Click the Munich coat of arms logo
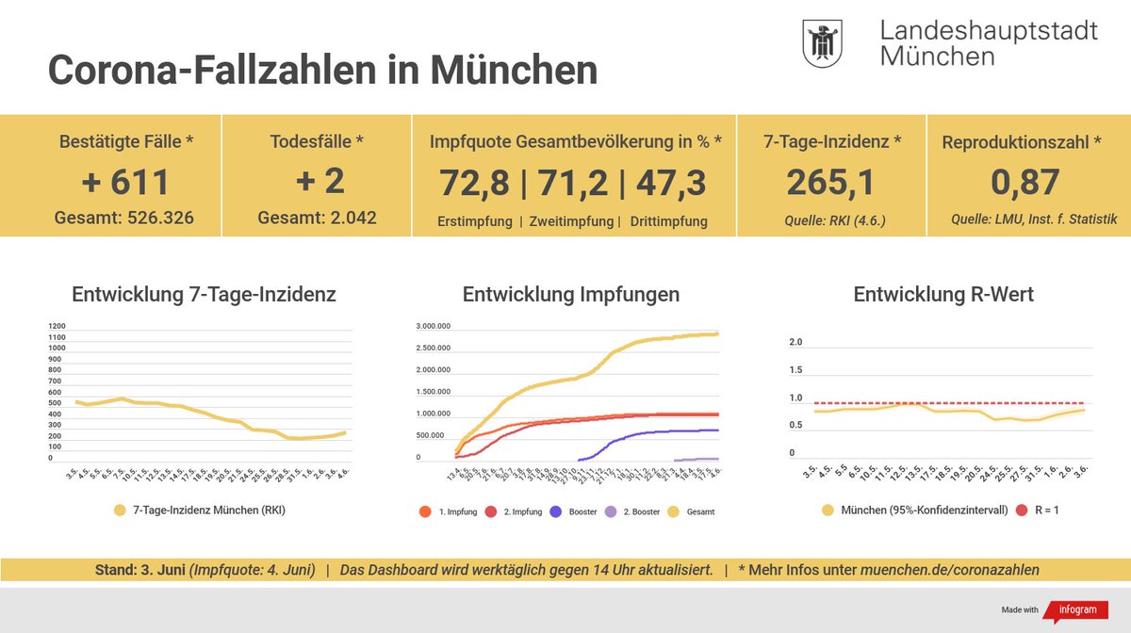822,43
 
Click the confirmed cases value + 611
126,182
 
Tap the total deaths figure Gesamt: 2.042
317,218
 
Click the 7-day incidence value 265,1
831,182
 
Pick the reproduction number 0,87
1025,182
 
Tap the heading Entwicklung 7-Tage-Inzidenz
204,295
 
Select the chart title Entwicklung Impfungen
570,295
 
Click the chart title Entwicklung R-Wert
943,295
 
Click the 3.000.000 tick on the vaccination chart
433,327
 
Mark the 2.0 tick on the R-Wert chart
795,342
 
